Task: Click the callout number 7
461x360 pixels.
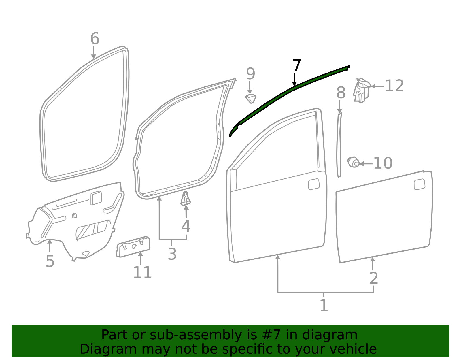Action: pyautogui.click(x=297, y=65)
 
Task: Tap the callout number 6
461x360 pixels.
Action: pyautogui.click(x=95, y=38)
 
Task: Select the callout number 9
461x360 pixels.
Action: pyautogui.click(x=250, y=73)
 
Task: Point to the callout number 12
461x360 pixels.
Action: pyautogui.click(x=394, y=86)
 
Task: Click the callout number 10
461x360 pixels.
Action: pyautogui.click(x=383, y=163)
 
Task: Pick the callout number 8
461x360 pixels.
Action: pyautogui.click(x=341, y=93)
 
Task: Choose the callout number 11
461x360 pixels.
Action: pyautogui.click(x=142, y=272)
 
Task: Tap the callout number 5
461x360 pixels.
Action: pyautogui.click(x=50, y=261)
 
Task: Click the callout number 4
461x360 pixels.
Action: pyautogui.click(x=186, y=226)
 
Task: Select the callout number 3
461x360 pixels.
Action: pyautogui.click(x=172, y=254)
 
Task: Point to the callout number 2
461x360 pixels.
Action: pyautogui.click(x=374, y=278)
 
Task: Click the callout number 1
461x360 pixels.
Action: pyautogui.click(x=324, y=305)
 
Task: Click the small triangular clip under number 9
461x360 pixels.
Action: pyautogui.click(x=251, y=99)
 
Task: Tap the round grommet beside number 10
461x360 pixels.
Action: pyautogui.click(x=353, y=162)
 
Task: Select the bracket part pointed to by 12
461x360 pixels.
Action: pyautogui.click(x=362, y=91)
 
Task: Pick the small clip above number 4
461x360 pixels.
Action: pyautogui.click(x=186, y=199)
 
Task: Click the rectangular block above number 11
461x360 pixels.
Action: pyautogui.click(x=133, y=246)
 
